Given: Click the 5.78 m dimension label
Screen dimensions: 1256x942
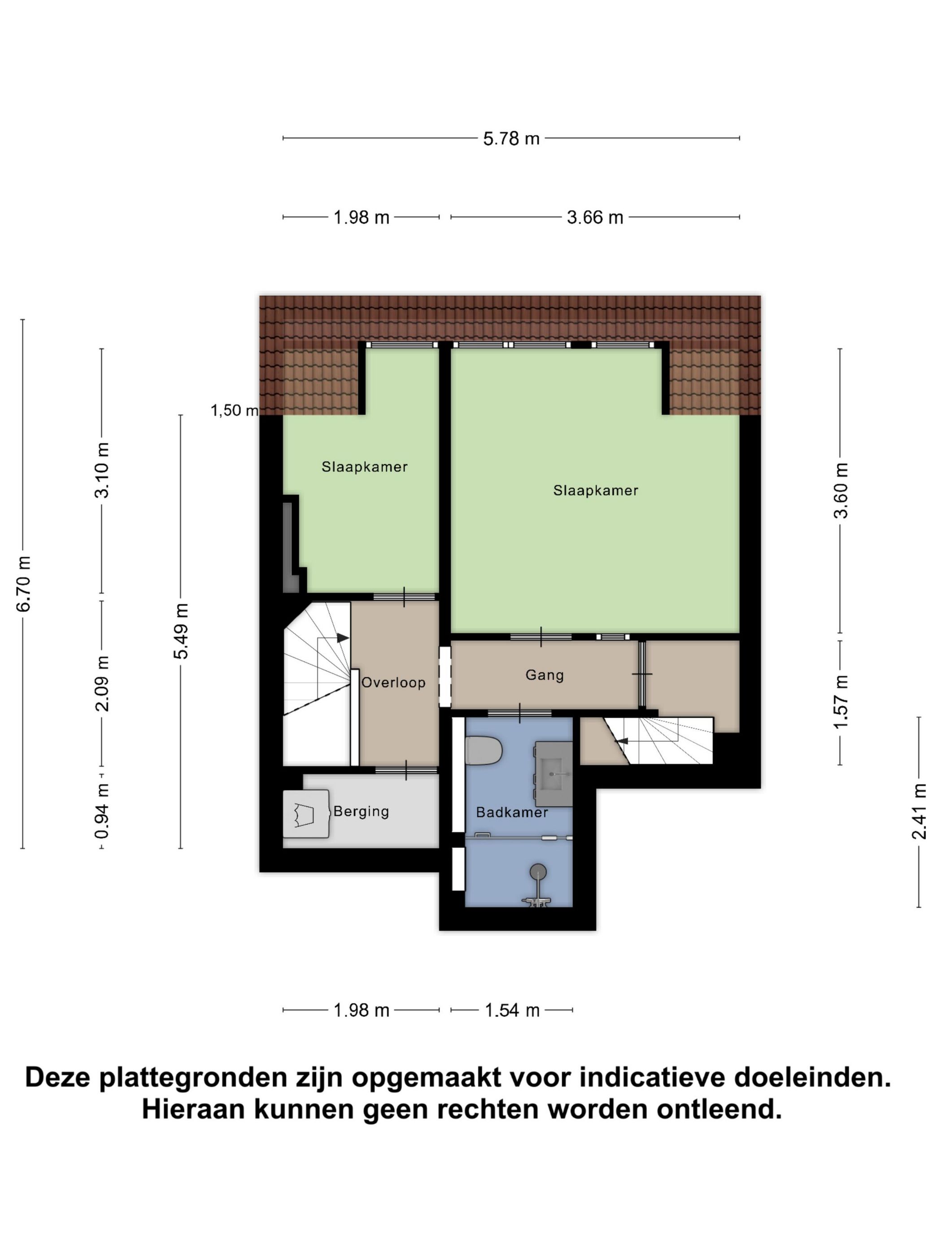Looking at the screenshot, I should tap(510, 138).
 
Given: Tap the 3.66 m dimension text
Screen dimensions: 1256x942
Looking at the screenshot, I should tap(594, 217).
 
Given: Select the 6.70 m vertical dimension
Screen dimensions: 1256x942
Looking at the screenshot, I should tap(23, 583).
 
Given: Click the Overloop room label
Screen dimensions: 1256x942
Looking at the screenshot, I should tap(393, 683).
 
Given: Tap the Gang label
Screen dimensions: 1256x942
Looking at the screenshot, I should tap(544, 675).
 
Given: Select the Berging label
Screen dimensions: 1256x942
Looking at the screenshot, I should tap(361, 811).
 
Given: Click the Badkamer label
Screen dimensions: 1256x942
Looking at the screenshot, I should tap(512, 812).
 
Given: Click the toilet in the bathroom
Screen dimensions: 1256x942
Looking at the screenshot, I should tap(483, 750).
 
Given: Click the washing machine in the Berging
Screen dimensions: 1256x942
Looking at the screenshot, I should tap(306, 814).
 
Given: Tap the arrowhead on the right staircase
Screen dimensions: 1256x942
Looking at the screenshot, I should tap(622, 741).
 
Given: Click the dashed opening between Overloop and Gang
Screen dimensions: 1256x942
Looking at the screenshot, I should tap(445, 676).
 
